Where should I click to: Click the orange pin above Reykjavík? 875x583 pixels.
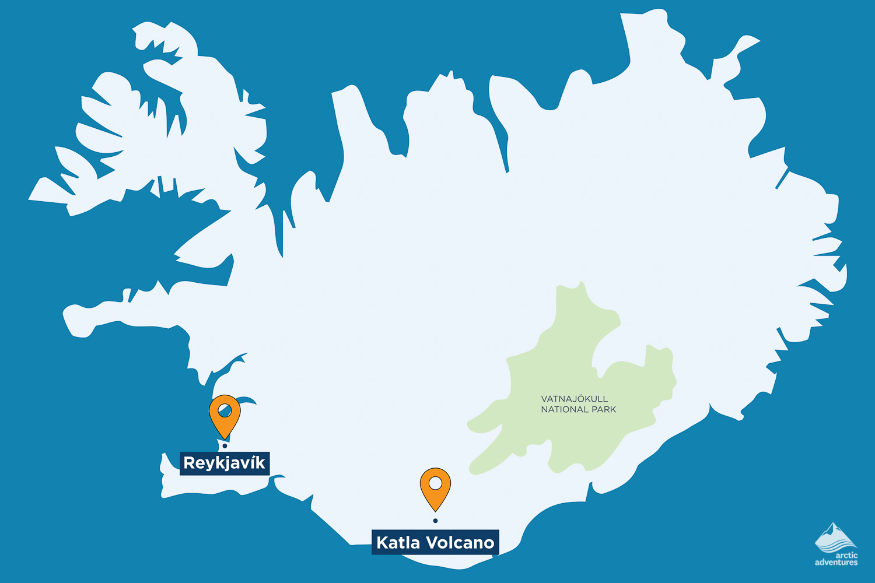click(225, 415)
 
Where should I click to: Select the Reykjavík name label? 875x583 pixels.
click(225, 463)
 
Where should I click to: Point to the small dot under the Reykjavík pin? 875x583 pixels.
click(225, 446)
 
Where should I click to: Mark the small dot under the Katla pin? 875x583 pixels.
click(435, 521)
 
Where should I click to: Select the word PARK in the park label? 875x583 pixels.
click(604, 409)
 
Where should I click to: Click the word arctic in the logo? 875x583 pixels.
click(846, 556)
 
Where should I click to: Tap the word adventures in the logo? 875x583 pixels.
click(836, 563)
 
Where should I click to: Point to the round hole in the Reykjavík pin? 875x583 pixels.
click(225, 410)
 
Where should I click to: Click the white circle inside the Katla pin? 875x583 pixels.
click(435, 483)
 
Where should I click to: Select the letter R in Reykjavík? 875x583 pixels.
click(190, 463)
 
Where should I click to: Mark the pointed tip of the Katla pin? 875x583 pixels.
click(435, 511)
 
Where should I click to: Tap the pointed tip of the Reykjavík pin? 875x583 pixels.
click(225, 438)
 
